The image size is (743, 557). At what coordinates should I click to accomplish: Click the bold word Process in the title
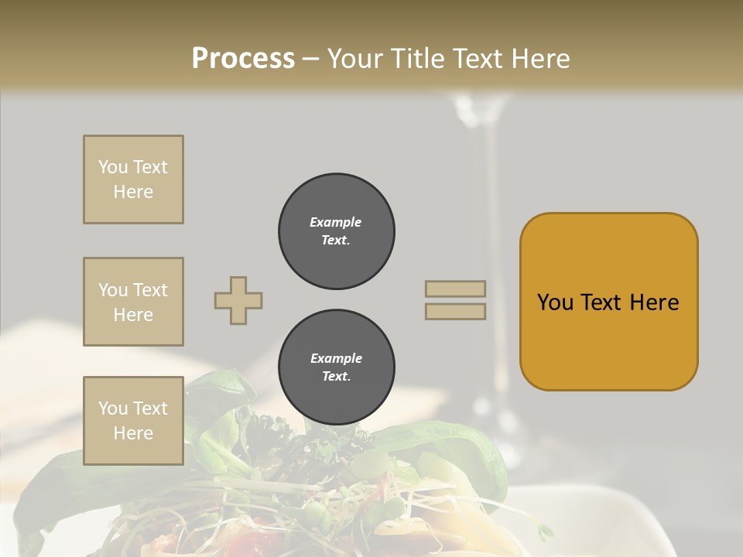pos(243,59)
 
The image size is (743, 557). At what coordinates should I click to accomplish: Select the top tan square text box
pos(133,179)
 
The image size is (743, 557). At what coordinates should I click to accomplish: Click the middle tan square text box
pos(133,302)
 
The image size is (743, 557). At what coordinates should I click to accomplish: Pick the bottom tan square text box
pos(133,421)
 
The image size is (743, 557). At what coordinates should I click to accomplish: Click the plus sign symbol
pos(238,300)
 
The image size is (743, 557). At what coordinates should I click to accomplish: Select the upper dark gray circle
pos(337,231)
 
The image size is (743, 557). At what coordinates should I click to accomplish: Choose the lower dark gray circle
pos(337,367)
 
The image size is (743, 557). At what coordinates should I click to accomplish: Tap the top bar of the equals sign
pos(455,289)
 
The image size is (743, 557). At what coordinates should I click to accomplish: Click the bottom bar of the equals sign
pos(455,311)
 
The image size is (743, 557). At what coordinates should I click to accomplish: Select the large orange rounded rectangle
pos(608,302)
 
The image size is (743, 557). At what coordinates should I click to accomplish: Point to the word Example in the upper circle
pos(336,222)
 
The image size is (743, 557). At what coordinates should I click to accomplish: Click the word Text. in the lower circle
pos(336,377)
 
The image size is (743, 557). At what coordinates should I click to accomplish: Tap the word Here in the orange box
pos(654,302)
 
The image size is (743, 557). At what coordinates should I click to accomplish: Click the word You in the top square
pos(112,167)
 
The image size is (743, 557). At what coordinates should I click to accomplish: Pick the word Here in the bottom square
pos(133,433)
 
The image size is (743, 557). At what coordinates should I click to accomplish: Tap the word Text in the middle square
pos(149,290)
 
